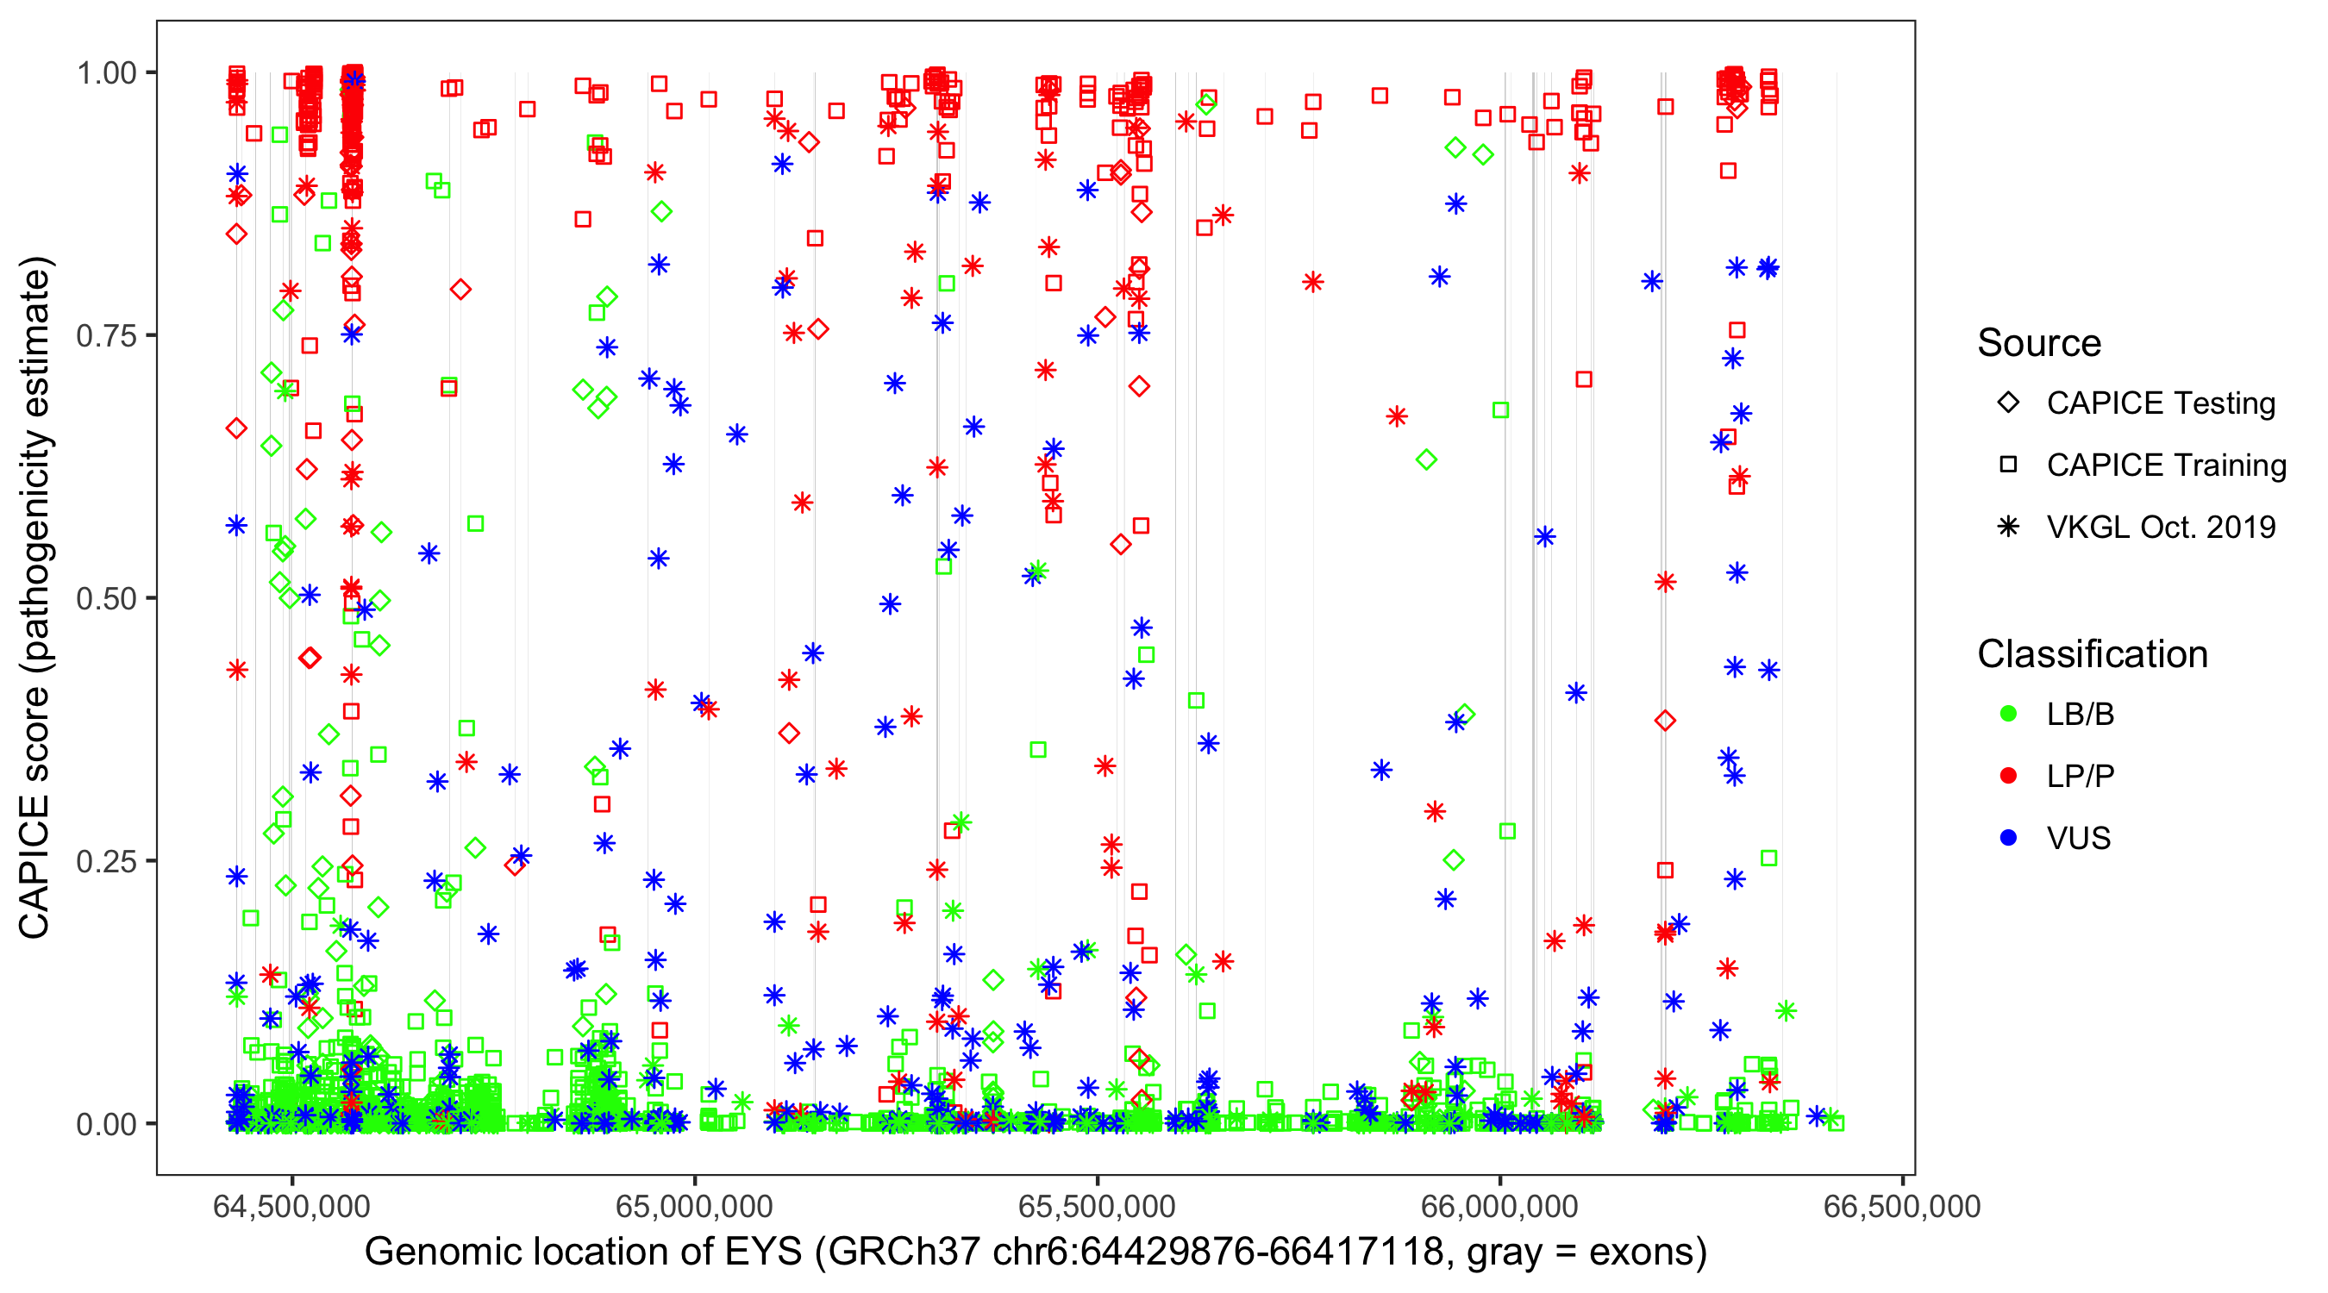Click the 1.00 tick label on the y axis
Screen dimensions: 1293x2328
click(x=105, y=73)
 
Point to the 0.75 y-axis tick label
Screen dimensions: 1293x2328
click(x=105, y=336)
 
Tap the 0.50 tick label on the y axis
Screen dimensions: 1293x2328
click(x=105, y=599)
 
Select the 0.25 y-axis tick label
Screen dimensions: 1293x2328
click(x=105, y=861)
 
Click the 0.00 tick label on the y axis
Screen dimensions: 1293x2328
click(x=105, y=1124)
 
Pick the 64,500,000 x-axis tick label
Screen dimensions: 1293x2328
click(x=291, y=1206)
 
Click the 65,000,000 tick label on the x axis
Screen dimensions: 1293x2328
click(x=694, y=1206)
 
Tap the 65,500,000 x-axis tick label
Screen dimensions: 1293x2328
click(x=1097, y=1206)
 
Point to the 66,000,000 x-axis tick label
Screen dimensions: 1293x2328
click(x=1499, y=1206)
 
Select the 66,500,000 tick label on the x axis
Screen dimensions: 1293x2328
click(x=1901, y=1206)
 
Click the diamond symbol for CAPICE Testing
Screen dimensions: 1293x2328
click(x=2008, y=403)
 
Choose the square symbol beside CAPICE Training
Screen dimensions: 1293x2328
click(x=2008, y=465)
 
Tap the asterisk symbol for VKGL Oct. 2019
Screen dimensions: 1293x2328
click(x=2008, y=527)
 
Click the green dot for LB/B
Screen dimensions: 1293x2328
click(x=2008, y=714)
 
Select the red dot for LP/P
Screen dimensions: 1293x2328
click(x=2008, y=776)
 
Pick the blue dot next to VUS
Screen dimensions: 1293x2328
click(x=2008, y=838)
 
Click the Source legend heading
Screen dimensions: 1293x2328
click(x=2039, y=343)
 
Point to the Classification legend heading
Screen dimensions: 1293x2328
click(x=2092, y=654)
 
